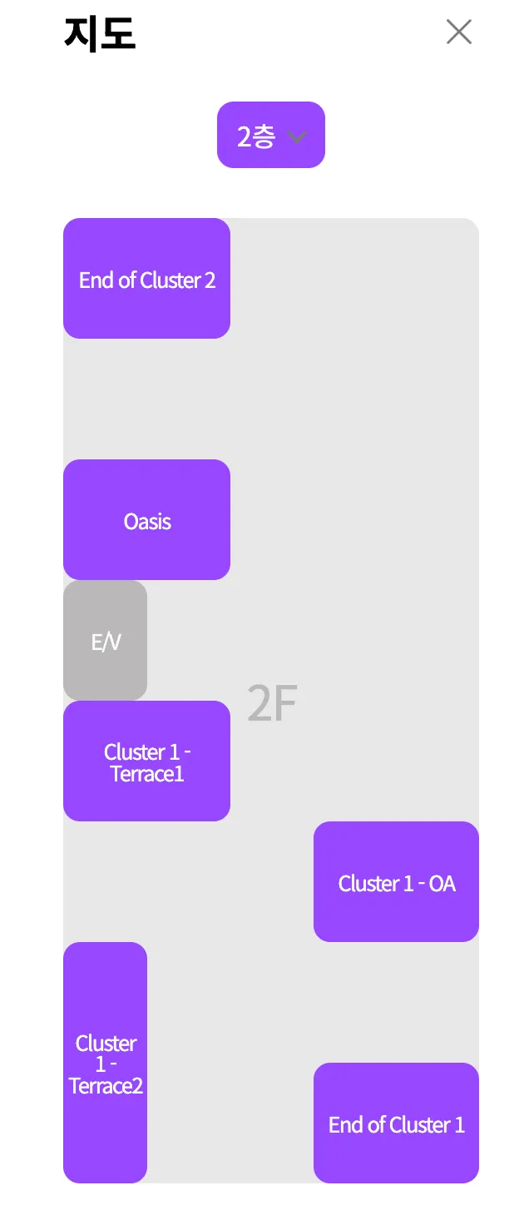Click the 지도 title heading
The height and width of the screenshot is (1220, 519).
(x=100, y=34)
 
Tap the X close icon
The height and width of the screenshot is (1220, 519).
(x=459, y=32)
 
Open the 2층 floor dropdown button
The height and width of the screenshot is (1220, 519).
(x=270, y=135)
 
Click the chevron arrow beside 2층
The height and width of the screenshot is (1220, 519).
(x=297, y=136)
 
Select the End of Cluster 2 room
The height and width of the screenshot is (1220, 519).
(x=146, y=278)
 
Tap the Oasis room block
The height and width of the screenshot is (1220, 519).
(x=146, y=519)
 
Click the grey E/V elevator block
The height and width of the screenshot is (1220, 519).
(x=105, y=640)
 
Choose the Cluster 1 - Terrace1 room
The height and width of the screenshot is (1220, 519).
(x=146, y=761)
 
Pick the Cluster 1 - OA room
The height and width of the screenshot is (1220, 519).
(x=396, y=881)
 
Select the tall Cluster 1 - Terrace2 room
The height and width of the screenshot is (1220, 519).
(x=105, y=1062)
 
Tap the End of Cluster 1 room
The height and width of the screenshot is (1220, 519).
(x=396, y=1123)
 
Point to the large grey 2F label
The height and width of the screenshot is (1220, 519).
(x=272, y=704)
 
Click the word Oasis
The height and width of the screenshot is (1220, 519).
(x=147, y=522)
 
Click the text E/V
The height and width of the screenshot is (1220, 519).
(x=106, y=642)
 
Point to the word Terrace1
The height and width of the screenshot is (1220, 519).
(x=147, y=775)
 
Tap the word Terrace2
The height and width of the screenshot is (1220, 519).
(x=106, y=1086)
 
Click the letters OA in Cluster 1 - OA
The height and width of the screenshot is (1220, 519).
(x=442, y=884)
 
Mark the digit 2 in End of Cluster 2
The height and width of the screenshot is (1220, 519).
(x=210, y=280)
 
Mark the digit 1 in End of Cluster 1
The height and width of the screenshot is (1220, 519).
(x=459, y=1125)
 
